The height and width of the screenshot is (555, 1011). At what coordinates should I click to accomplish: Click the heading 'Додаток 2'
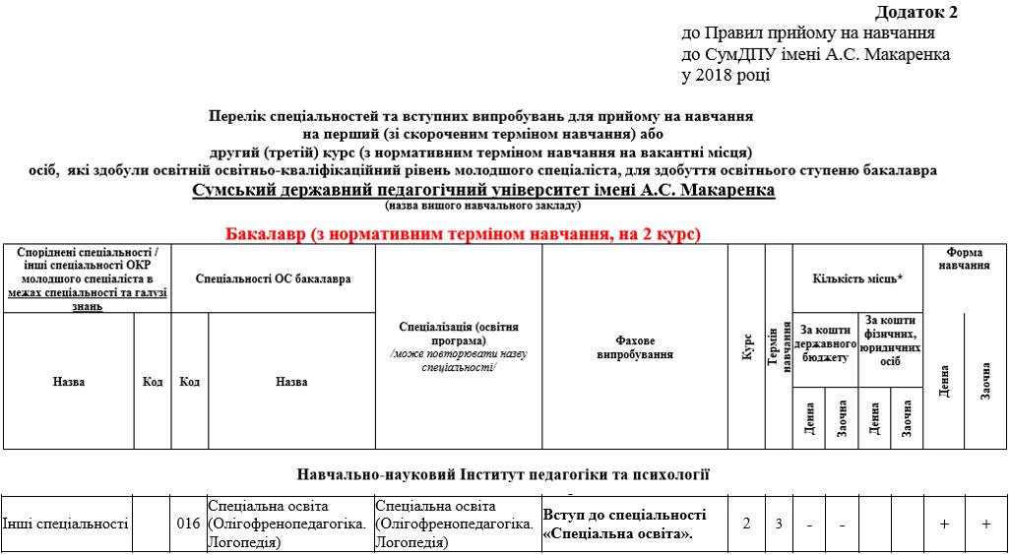tap(915, 13)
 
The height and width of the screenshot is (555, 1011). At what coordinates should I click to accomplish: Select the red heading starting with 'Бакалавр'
tap(463, 234)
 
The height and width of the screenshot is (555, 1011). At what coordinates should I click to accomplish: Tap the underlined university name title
tap(483, 190)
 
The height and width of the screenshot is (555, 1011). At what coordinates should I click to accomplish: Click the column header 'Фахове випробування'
tap(634, 347)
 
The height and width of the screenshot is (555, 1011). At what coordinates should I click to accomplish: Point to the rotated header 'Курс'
tap(747, 346)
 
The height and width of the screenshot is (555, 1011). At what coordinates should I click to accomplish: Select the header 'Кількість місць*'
tap(857, 278)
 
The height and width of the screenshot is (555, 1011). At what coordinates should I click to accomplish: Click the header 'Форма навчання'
tap(964, 259)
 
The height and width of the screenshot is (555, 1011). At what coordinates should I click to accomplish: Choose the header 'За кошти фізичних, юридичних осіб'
tap(891, 340)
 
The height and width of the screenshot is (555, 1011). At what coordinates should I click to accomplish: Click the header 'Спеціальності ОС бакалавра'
tap(273, 279)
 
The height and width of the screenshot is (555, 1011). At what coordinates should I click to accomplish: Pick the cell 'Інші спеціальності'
tap(66, 524)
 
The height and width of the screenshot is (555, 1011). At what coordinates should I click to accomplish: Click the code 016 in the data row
tap(189, 524)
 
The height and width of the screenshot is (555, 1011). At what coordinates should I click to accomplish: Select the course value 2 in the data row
tap(746, 524)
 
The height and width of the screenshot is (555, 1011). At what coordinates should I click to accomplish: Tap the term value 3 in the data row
tap(779, 524)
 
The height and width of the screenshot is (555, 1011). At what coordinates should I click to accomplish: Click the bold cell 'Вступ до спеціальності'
tap(625, 515)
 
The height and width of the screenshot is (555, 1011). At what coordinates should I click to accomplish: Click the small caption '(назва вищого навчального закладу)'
tap(482, 206)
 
